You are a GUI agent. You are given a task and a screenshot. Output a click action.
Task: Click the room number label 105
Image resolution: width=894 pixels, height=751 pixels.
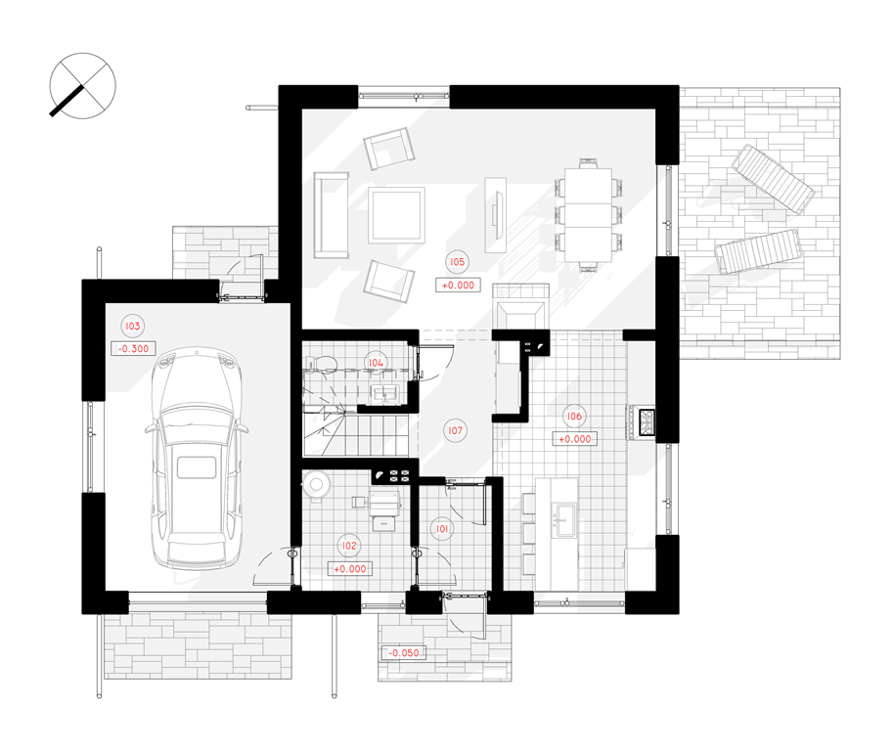(x=457, y=262)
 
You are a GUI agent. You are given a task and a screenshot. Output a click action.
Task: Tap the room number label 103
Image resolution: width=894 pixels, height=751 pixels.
(x=132, y=326)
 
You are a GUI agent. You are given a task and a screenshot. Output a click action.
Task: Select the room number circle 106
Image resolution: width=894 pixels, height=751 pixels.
(x=573, y=416)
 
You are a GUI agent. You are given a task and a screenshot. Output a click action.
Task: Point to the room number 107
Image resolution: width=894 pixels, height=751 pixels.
(x=455, y=430)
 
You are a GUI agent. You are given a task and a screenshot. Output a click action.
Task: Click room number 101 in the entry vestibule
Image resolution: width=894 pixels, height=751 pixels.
(x=442, y=529)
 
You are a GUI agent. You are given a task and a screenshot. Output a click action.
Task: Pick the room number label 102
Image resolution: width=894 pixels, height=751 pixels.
(x=349, y=546)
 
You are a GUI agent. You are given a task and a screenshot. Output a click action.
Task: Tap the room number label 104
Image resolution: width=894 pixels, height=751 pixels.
(x=376, y=363)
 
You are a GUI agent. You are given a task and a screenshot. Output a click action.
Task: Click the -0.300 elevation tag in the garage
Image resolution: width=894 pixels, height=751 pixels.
(x=133, y=349)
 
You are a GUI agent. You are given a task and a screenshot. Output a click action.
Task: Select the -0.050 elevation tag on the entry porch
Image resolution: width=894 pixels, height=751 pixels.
(x=404, y=653)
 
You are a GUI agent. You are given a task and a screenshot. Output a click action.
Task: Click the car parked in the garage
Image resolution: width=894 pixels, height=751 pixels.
(x=197, y=459)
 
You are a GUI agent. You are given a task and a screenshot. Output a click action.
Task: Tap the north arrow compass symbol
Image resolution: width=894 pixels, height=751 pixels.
(x=83, y=86)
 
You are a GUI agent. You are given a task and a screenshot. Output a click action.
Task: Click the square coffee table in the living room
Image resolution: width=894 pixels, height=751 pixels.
(x=396, y=215)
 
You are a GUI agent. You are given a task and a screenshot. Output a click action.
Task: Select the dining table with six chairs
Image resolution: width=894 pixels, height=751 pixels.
(x=589, y=215)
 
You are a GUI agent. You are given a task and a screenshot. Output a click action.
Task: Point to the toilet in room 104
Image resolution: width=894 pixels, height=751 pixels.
(x=321, y=364)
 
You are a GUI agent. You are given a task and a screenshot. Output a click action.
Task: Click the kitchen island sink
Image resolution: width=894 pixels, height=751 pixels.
(x=565, y=519)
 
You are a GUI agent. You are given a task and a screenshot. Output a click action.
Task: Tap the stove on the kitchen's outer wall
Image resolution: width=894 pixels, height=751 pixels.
(x=647, y=422)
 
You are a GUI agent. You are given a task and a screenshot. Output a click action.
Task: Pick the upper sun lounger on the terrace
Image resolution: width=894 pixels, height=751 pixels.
(x=773, y=179)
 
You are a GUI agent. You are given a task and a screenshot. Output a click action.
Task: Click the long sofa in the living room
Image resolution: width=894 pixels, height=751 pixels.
(x=332, y=215)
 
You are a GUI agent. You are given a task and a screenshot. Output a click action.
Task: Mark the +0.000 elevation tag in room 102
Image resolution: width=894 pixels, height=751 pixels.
(x=350, y=569)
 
